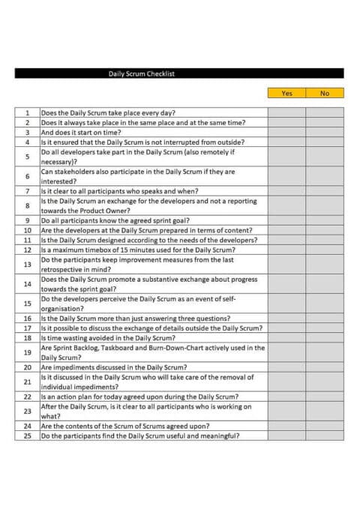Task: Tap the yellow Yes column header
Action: (286, 93)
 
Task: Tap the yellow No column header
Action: (325, 93)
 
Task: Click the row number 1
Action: (27, 113)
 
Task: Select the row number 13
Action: (27, 265)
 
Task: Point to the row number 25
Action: (27, 436)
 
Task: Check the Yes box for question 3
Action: (286, 132)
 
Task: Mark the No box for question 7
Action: (325, 191)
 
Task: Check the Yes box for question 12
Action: (286, 250)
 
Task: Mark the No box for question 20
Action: (325, 367)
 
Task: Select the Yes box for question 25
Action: (286, 436)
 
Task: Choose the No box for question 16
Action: (325, 319)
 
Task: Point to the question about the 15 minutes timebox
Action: (138, 250)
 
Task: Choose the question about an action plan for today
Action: (139, 397)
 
